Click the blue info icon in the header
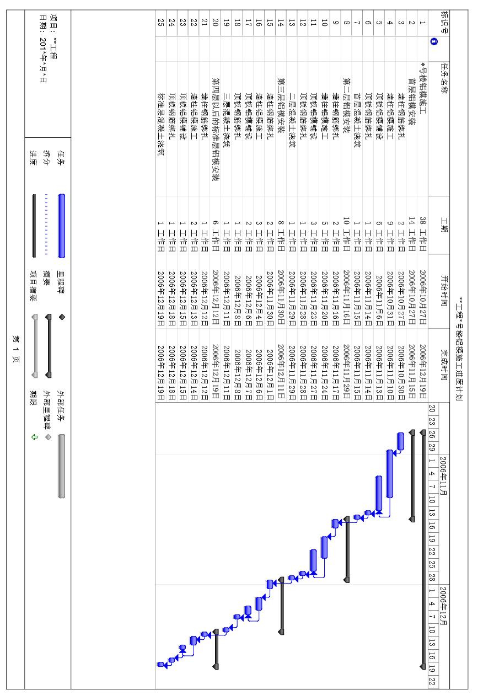click(434, 40)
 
